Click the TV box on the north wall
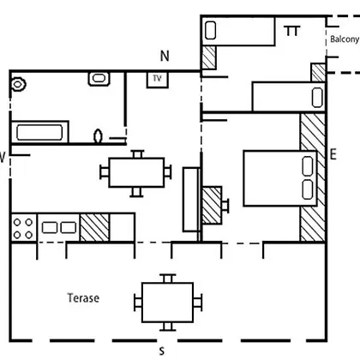click(x=158, y=80)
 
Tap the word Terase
click(x=83, y=298)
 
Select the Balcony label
click(x=345, y=39)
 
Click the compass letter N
click(x=165, y=56)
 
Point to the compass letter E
click(x=333, y=154)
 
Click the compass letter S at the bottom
click(x=162, y=351)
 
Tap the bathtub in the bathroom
click(x=39, y=132)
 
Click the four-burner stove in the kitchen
click(x=23, y=228)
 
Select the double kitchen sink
click(x=59, y=228)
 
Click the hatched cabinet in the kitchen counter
click(x=94, y=228)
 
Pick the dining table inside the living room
click(x=136, y=172)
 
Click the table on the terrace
click(x=168, y=303)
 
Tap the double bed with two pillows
click(x=280, y=178)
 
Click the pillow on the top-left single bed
click(x=211, y=30)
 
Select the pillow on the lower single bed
click(x=317, y=98)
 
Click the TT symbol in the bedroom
click(x=292, y=31)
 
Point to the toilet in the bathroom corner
click(x=19, y=84)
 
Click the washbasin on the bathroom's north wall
click(x=99, y=79)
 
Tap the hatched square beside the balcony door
click(x=318, y=73)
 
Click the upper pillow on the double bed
click(x=308, y=165)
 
